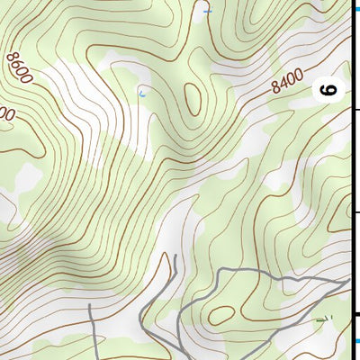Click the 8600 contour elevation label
point(18,68)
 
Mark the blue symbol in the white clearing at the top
point(207,11)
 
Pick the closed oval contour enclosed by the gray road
point(220,314)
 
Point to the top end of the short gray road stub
point(91,307)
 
